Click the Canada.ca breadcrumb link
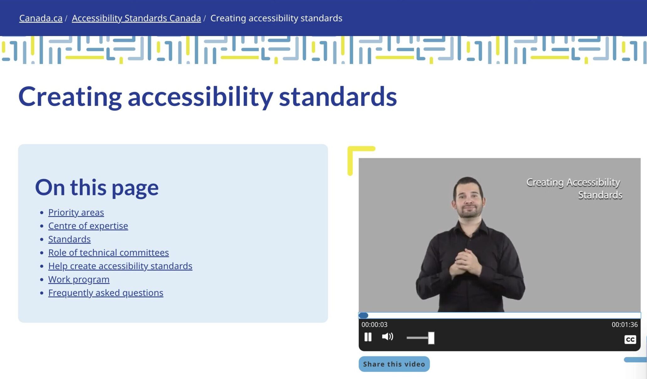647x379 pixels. [41, 18]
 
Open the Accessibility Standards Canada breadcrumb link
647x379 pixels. [136, 18]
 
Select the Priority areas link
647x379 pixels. [76, 213]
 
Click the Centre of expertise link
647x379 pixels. [88, 226]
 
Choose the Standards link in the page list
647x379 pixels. [69, 239]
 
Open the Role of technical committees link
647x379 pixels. [108, 253]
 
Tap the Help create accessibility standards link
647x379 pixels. [120, 266]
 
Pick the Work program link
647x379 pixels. [79, 279]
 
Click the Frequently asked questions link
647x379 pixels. [106, 293]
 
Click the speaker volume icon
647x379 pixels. [388, 337]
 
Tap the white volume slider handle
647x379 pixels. [431, 338]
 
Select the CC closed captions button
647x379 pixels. [630, 339]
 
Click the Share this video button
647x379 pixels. [394, 364]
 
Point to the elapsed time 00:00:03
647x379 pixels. [374, 325]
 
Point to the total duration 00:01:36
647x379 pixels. [624, 325]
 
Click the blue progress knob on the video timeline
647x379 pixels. [363, 315]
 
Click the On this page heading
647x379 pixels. [97, 187]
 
